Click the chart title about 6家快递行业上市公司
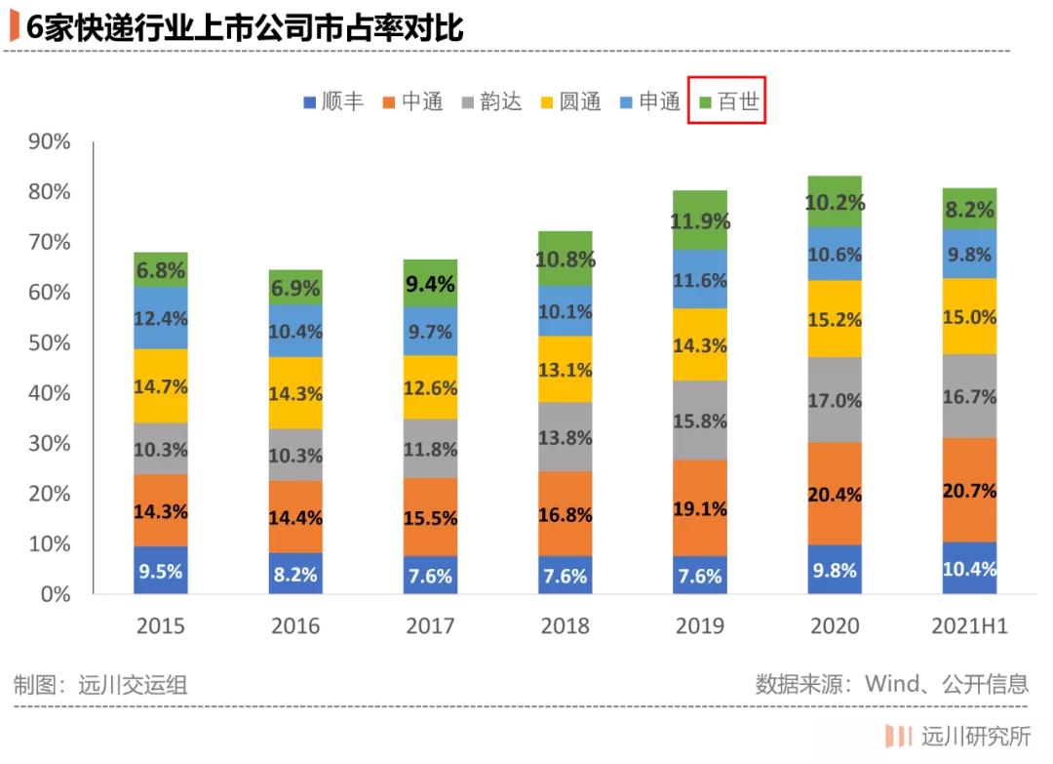(x=244, y=27)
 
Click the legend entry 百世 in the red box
(x=727, y=101)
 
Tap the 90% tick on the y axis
(x=48, y=142)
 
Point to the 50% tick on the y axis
(x=48, y=343)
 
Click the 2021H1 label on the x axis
(x=968, y=626)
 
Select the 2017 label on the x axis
(x=430, y=626)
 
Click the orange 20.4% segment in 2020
(x=835, y=494)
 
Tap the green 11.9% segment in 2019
(x=700, y=221)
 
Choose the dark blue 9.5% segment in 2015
(x=161, y=571)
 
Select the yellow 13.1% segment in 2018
(x=565, y=369)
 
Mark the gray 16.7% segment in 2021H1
(x=969, y=396)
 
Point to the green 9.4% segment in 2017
(x=430, y=284)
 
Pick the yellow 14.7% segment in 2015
(x=161, y=386)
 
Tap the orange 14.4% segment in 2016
(x=295, y=517)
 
